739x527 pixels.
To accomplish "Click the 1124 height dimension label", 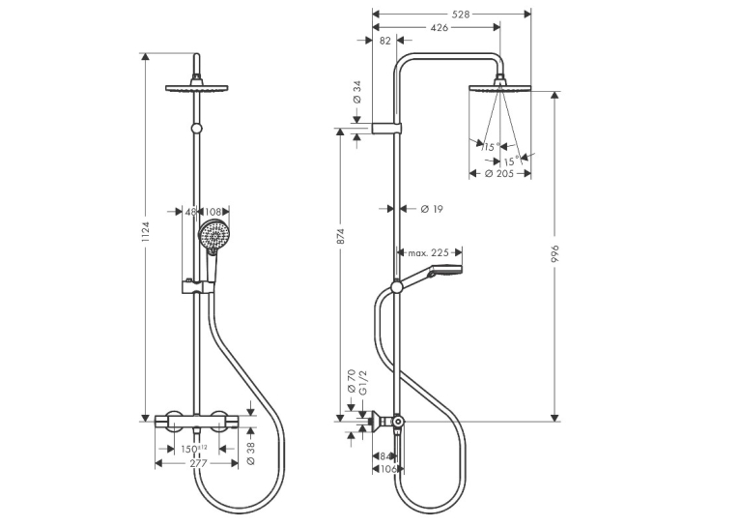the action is (x=146, y=232).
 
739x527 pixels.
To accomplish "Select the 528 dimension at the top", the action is (x=461, y=15).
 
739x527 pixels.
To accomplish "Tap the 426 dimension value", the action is (x=440, y=28).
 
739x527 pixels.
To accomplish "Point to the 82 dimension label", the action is (x=385, y=41).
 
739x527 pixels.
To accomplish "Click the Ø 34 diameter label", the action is (x=357, y=92).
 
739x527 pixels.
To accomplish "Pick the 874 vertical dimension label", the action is (x=342, y=236).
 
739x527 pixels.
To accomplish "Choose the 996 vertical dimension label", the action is (x=554, y=253).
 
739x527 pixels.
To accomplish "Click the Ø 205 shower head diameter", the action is (x=499, y=174).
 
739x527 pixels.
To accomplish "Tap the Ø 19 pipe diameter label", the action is (x=432, y=209).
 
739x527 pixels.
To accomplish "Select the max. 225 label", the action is (x=428, y=253).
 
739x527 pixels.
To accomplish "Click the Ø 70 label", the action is (x=351, y=382).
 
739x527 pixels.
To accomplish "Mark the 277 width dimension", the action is (x=198, y=463).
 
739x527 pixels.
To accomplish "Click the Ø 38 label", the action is (x=251, y=454).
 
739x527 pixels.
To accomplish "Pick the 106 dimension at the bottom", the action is (x=388, y=469).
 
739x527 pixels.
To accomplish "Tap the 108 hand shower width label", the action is (x=213, y=212).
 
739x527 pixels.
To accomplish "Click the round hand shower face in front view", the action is (x=213, y=235).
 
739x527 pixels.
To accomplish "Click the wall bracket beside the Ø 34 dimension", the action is (x=387, y=129).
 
